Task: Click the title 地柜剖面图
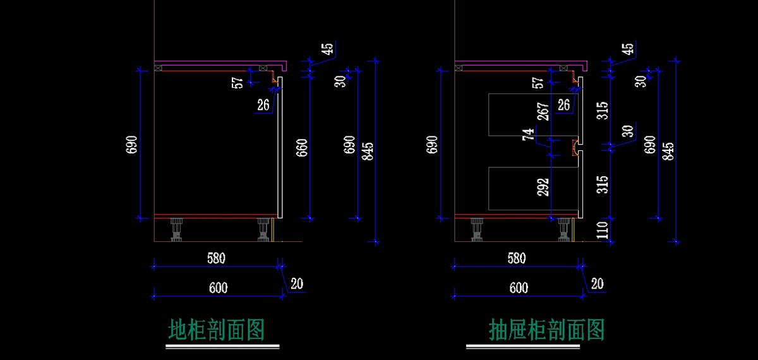tap(216, 330)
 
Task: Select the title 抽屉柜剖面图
tap(547, 330)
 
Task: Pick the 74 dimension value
tap(528, 135)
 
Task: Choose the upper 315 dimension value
tap(603, 112)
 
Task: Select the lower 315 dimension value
tap(603, 185)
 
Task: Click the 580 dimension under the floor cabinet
tap(216, 258)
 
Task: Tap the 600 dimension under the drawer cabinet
tap(518, 288)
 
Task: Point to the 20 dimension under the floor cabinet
tap(297, 284)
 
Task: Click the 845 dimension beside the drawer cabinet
tap(669, 152)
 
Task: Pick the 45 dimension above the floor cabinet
tap(327, 49)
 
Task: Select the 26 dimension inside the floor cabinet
tap(264, 105)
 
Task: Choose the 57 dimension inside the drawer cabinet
tap(538, 82)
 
